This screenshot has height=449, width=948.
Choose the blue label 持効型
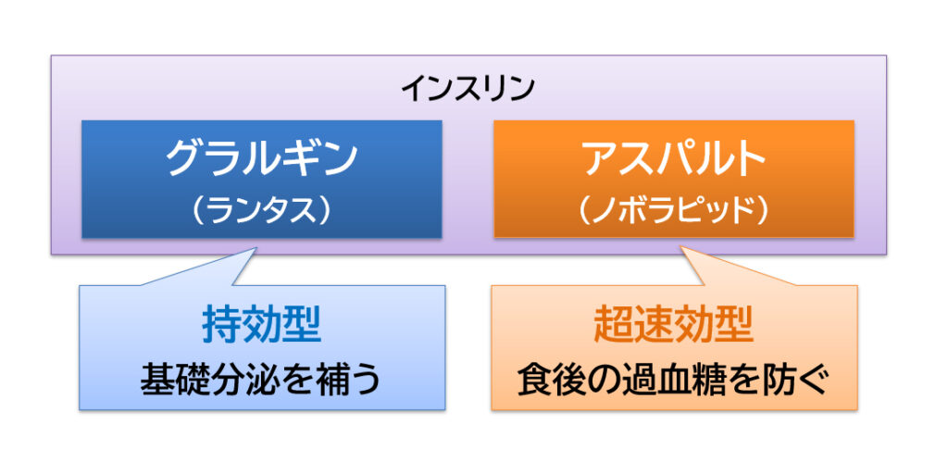[x=262, y=326]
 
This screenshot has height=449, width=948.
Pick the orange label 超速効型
[x=674, y=326]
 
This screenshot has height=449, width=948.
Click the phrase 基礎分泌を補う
[x=262, y=380]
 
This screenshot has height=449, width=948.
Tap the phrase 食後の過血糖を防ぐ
[x=674, y=380]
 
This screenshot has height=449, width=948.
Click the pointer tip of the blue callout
[x=256, y=246]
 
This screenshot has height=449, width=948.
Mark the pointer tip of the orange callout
[x=681, y=246]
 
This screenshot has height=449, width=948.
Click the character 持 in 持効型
[x=222, y=326]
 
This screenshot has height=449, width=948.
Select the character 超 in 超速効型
[x=614, y=326]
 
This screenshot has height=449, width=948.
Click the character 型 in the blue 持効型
[x=302, y=326]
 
